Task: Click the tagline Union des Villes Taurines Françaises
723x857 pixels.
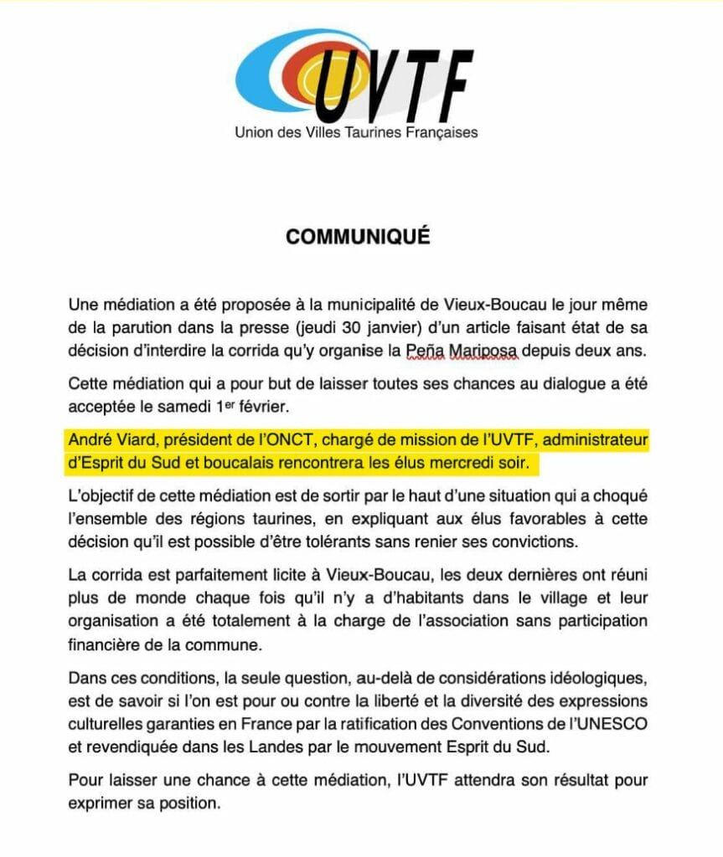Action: pos(356,132)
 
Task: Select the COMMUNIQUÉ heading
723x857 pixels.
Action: pos(358,237)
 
